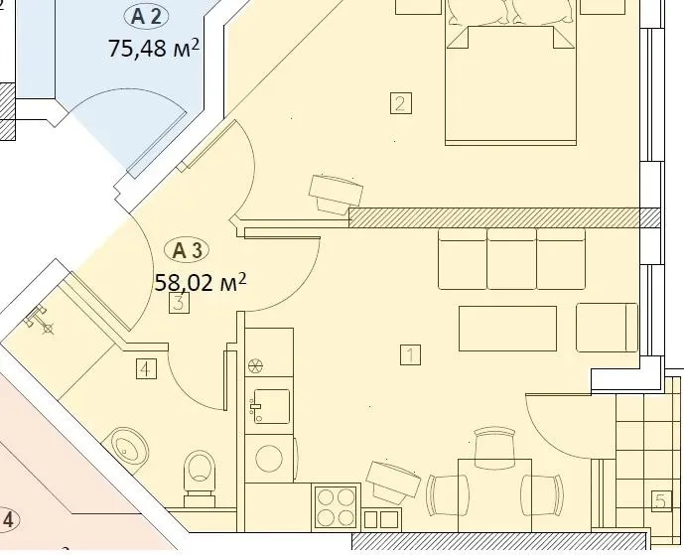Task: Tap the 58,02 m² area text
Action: tap(200, 281)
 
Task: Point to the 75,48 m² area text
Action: tap(154, 48)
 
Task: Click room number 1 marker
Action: tap(411, 352)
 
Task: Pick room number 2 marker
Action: tap(400, 103)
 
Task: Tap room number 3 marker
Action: tap(178, 303)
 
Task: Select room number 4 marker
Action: tap(146, 370)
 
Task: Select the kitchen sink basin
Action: tap(270, 405)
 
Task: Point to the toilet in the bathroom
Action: tap(200, 475)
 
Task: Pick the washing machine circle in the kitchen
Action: tap(269, 458)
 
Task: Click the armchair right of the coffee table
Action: tap(606, 328)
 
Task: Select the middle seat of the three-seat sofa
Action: tap(511, 257)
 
